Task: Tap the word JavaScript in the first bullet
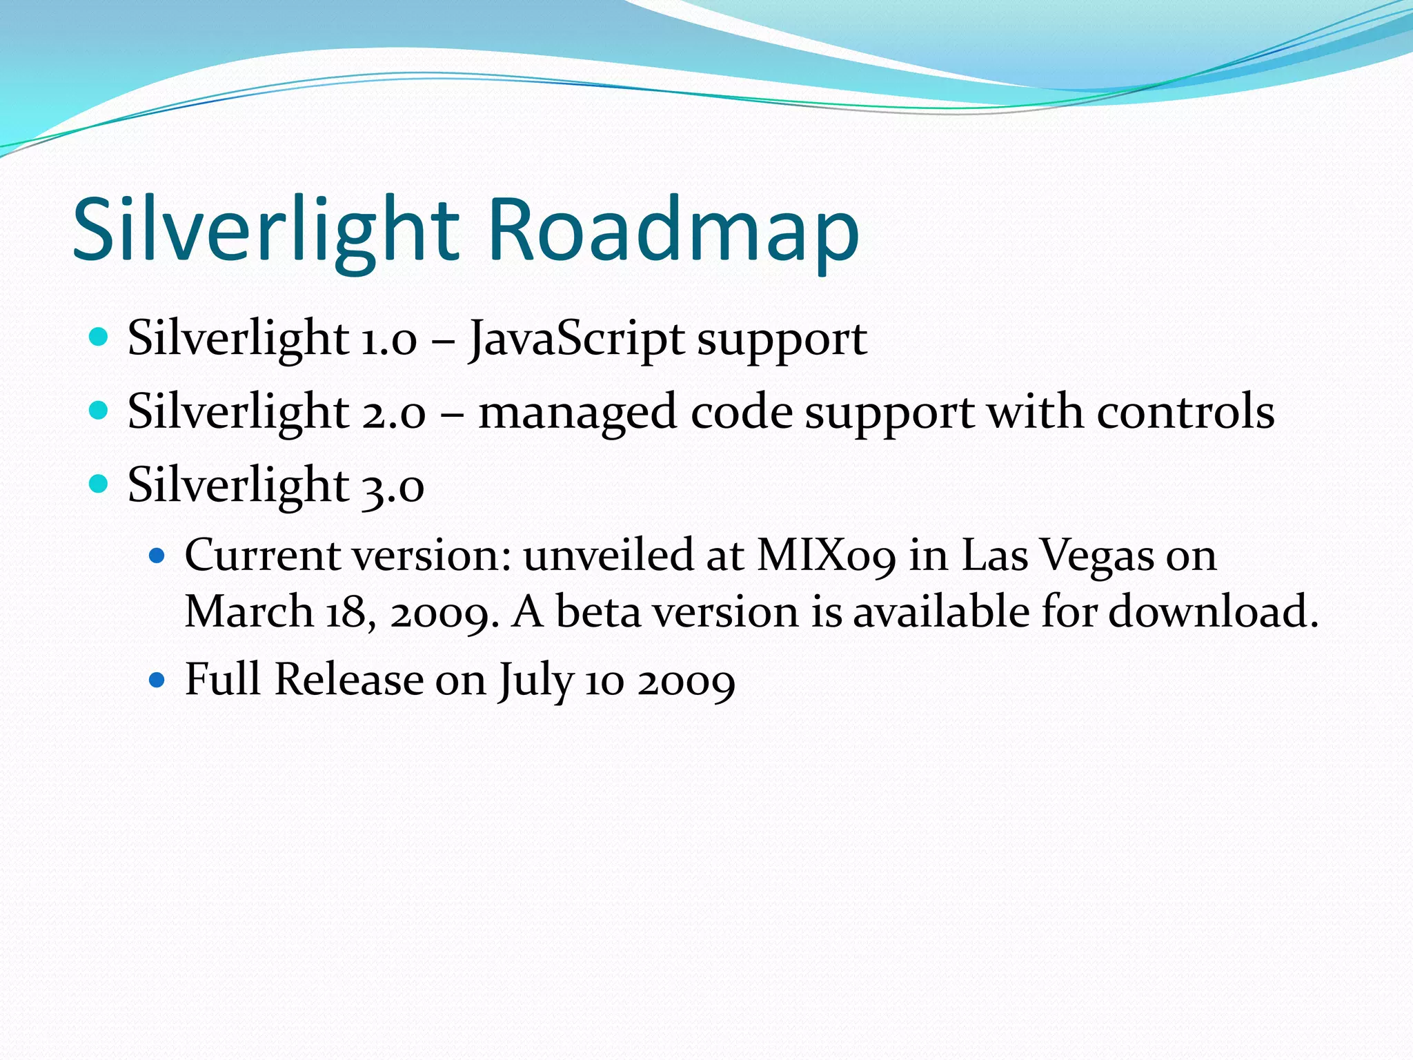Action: point(576,340)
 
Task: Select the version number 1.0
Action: point(388,340)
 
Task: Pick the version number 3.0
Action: point(392,485)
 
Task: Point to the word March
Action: point(249,612)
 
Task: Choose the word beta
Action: point(598,612)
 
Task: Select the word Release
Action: point(349,680)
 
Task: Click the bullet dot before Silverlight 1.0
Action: point(99,337)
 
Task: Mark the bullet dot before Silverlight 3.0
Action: point(99,483)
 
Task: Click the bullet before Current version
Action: point(157,554)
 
